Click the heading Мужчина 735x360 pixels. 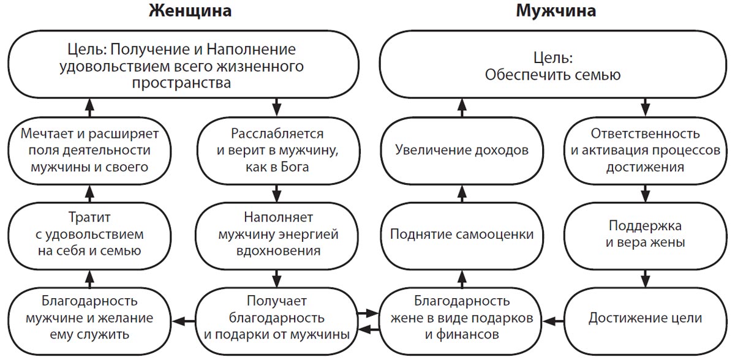556,12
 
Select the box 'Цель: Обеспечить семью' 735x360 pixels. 553,67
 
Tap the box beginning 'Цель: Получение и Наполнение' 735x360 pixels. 183,67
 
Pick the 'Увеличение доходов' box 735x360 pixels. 461,151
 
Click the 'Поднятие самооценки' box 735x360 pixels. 461,234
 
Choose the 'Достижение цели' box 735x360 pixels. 645,318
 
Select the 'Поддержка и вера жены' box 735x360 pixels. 645,234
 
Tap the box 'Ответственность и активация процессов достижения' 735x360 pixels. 645,151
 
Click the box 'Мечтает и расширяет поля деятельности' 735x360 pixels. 90,151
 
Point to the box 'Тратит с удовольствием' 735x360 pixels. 90,234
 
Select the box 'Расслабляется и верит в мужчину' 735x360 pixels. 277,151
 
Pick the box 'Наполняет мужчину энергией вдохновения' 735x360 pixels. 277,234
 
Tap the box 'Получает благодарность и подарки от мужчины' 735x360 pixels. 277,318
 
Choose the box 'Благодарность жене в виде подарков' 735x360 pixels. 461,318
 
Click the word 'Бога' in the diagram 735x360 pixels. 294,167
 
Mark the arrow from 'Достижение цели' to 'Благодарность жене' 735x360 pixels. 554,319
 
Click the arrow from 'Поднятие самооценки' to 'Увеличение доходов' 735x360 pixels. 462,193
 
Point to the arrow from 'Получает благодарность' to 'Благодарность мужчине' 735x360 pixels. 183,319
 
